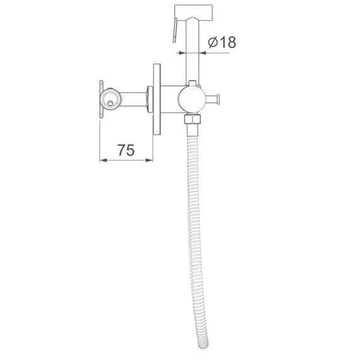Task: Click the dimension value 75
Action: (126, 150)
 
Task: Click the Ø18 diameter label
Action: (222, 42)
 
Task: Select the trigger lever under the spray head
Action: (175, 30)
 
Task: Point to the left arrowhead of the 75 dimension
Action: (103, 160)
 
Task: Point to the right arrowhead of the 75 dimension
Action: (150, 160)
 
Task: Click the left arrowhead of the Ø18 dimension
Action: (183, 53)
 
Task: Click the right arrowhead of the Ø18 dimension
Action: (203, 53)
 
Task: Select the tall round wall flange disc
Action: (157, 99)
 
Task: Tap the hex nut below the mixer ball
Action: (193, 119)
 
